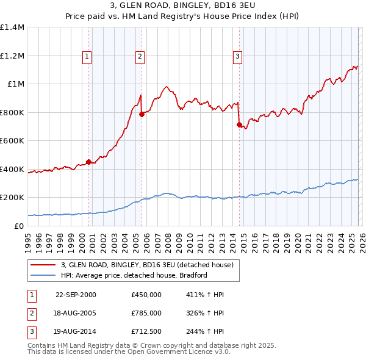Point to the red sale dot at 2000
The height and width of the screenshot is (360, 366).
tap(89, 162)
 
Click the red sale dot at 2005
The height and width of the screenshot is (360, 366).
tap(142, 114)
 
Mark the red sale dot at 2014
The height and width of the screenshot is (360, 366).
tap(239, 124)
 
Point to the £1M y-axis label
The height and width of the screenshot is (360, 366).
tap(16, 84)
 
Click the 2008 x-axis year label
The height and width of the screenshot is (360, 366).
tap(168, 238)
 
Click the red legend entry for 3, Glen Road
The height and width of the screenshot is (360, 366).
tap(146, 265)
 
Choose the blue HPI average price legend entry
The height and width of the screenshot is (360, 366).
tap(134, 275)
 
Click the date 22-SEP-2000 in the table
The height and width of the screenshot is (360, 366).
tap(76, 295)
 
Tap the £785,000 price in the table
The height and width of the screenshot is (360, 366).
tap(146, 312)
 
